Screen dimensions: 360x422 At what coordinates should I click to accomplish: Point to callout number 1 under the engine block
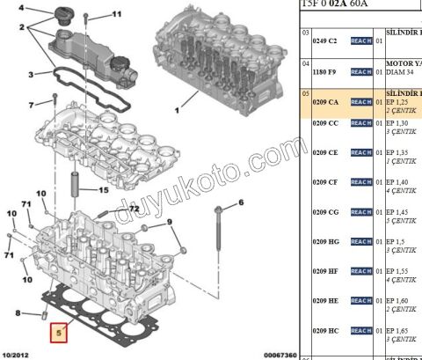coord(175,111)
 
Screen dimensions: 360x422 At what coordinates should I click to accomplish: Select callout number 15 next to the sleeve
coord(104,189)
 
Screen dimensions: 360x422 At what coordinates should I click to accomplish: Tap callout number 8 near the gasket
coord(18,312)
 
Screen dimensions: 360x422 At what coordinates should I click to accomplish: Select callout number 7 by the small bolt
coord(31,106)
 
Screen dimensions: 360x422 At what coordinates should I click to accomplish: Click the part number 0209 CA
coord(326,102)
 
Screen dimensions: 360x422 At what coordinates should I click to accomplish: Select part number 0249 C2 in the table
coord(326,40)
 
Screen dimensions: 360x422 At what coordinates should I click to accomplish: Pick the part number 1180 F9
coord(326,71)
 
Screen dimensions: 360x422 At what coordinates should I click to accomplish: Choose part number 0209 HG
coord(326,242)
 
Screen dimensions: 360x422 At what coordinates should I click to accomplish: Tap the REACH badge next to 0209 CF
coord(361,182)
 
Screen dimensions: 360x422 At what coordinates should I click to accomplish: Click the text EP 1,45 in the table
coord(400,212)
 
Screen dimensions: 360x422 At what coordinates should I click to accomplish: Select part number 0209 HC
coord(326,330)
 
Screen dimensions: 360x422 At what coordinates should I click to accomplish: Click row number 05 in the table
coord(305,92)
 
